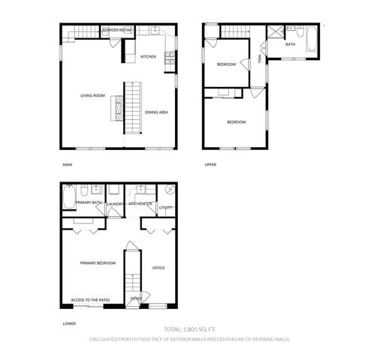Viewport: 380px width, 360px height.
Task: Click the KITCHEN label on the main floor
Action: tap(147, 57)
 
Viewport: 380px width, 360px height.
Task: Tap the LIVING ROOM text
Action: tap(92, 95)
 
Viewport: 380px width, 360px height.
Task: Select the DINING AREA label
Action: tap(156, 112)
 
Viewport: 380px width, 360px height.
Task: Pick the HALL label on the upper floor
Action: tap(260, 58)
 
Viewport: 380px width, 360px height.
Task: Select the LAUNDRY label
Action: tap(115, 203)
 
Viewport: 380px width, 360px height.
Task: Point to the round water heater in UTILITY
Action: tap(170, 190)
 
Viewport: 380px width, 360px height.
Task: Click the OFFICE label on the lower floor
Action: tap(158, 268)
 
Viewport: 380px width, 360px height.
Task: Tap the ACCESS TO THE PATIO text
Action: tap(90, 300)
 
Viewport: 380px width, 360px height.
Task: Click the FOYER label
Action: tap(136, 298)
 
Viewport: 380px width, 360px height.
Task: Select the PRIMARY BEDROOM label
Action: tap(98, 263)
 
